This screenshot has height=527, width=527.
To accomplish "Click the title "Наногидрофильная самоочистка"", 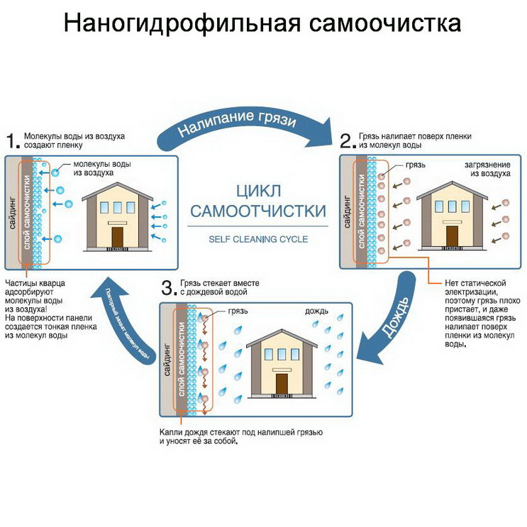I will (262, 23).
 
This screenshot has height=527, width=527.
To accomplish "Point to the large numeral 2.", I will (347, 140).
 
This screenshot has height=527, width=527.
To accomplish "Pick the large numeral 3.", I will (168, 287).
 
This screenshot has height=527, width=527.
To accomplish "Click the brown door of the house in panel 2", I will (452, 235).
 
